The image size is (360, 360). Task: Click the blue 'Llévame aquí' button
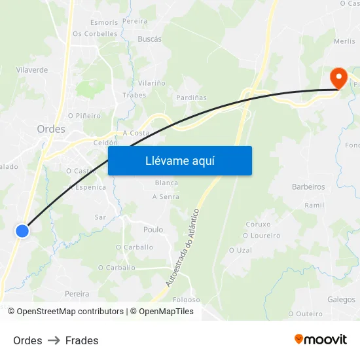click(179, 160)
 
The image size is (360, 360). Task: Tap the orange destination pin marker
click(339, 79)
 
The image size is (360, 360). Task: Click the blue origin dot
click(22, 230)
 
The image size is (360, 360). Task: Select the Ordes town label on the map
click(51, 129)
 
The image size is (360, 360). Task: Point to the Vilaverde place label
click(32, 69)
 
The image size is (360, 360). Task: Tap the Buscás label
click(149, 39)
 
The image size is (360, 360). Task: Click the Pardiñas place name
click(191, 98)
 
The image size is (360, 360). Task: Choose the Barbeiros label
click(308, 187)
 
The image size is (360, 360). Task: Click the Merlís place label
click(344, 41)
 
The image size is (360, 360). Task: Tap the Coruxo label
click(258, 224)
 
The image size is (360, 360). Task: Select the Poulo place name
click(153, 230)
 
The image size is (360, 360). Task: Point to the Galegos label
click(341, 299)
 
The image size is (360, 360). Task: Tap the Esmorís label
click(104, 22)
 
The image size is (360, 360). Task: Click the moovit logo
click(321, 340)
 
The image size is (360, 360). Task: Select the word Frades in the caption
click(82, 340)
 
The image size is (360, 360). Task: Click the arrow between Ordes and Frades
click(54, 340)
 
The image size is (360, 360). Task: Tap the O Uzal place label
click(240, 250)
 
